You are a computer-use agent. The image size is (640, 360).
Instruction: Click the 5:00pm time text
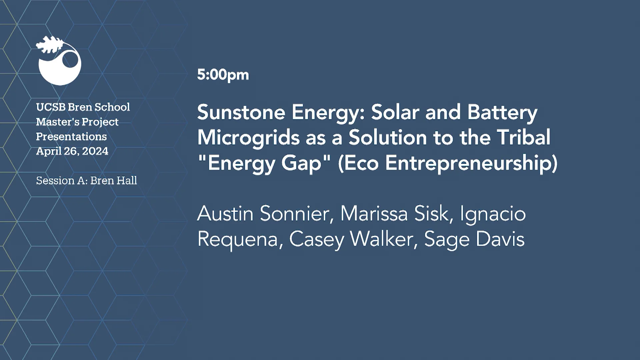click(223, 75)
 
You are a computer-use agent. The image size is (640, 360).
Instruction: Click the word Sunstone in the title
click(241, 112)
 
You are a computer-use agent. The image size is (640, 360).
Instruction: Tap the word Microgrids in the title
click(248, 138)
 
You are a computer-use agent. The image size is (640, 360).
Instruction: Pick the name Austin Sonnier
click(265, 214)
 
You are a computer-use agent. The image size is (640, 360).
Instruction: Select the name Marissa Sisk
click(397, 214)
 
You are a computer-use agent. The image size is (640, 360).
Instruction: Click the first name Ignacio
click(493, 214)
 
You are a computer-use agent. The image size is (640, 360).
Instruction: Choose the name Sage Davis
click(474, 239)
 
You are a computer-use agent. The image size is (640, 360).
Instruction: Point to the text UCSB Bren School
click(83, 107)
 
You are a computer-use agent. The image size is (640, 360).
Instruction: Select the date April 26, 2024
click(72, 151)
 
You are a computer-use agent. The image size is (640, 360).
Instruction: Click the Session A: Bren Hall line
click(86, 180)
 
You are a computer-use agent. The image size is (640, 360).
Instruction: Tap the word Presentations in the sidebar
click(71, 136)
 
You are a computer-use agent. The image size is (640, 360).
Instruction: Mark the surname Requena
click(237, 239)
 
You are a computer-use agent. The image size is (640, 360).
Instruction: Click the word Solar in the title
click(395, 112)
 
